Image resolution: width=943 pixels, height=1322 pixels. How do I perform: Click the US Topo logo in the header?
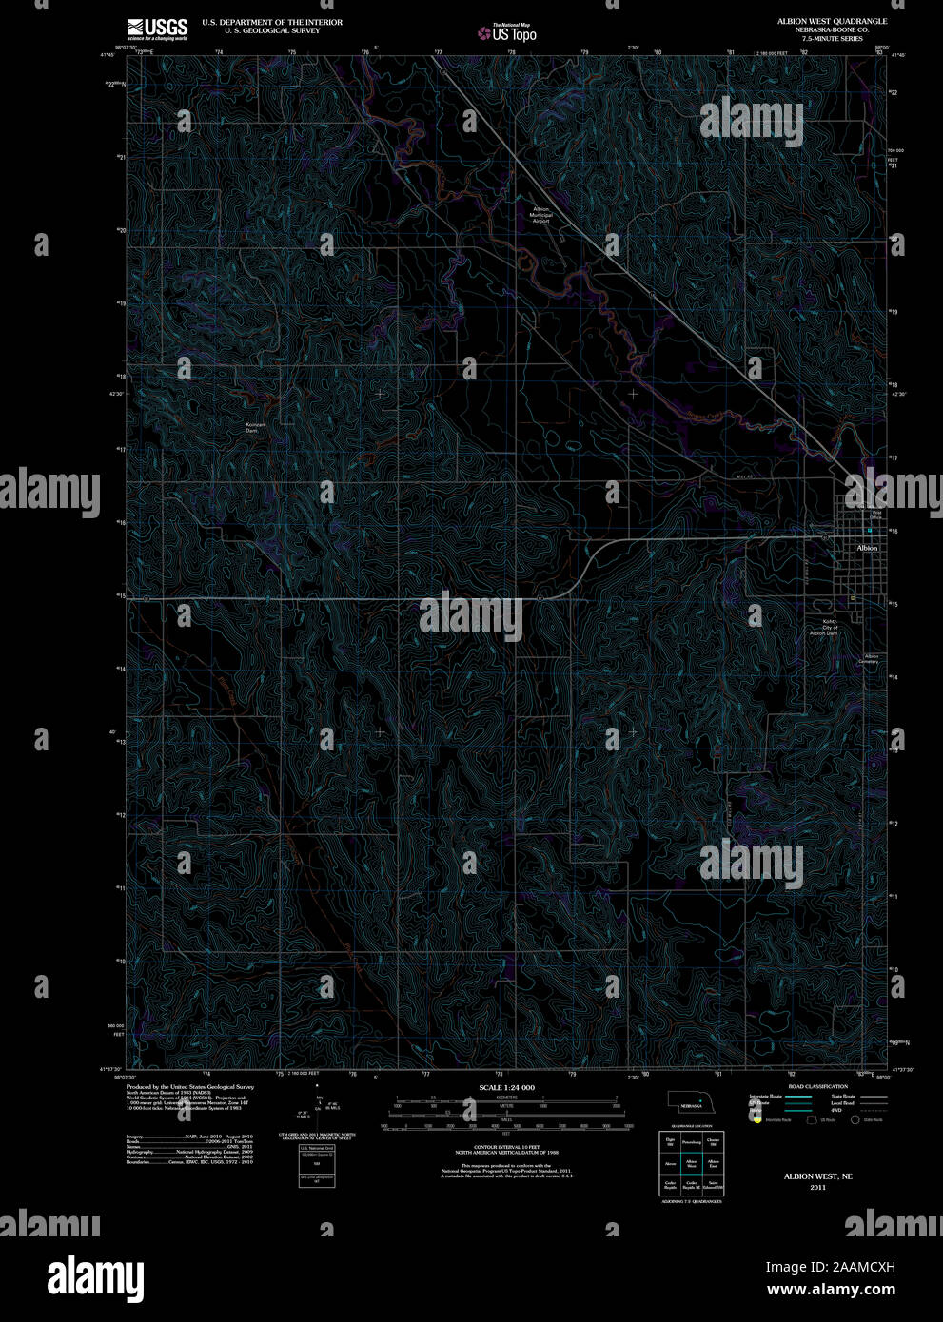508,33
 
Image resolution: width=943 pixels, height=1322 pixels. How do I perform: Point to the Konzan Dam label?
252,427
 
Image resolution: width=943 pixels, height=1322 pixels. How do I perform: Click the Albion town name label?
867,548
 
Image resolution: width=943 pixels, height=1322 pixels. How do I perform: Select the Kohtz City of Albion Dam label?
823,628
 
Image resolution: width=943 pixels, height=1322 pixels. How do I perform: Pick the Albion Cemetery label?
870,658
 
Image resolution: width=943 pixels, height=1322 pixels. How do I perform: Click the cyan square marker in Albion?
869,530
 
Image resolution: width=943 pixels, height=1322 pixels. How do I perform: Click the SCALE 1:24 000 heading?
506,1087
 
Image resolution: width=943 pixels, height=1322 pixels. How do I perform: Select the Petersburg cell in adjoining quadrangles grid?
692,1141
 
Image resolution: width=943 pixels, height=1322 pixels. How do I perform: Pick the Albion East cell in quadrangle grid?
714,1163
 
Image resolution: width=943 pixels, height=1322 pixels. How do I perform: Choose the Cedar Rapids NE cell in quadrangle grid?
692,1186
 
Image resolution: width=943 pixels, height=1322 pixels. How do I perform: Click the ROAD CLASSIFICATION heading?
817,1086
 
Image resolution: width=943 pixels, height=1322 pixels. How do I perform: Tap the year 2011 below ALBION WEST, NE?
817,1188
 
